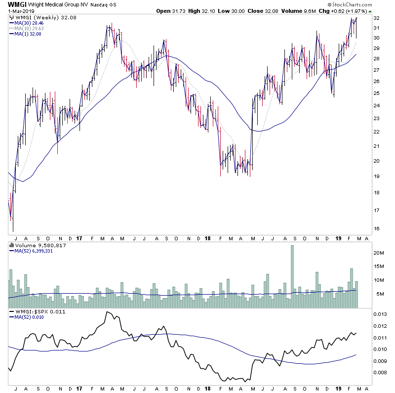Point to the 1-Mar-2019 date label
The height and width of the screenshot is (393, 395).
pos(19,11)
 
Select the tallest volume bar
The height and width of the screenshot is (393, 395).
pos(292,277)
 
